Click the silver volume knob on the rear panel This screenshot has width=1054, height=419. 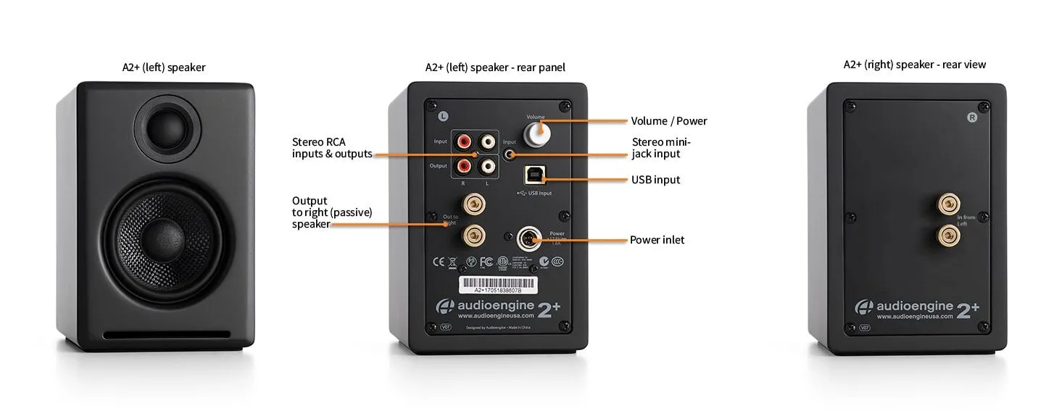[x=538, y=133]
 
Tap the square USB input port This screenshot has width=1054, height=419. [x=537, y=177]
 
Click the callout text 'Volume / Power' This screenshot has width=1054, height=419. [x=668, y=121]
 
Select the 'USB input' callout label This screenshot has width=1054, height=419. [x=655, y=179]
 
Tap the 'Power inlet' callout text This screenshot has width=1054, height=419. [x=657, y=240]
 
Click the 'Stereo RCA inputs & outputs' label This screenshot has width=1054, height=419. [x=331, y=148]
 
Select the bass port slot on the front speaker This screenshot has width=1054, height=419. [x=166, y=335]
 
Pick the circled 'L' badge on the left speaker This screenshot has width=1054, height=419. [x=443, y=115]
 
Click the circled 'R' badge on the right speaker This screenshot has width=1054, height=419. [x=972, y=117]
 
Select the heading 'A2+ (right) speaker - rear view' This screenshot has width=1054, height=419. [x=914, y=65]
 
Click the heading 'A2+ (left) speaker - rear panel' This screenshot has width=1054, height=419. [x=495, y=67]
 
